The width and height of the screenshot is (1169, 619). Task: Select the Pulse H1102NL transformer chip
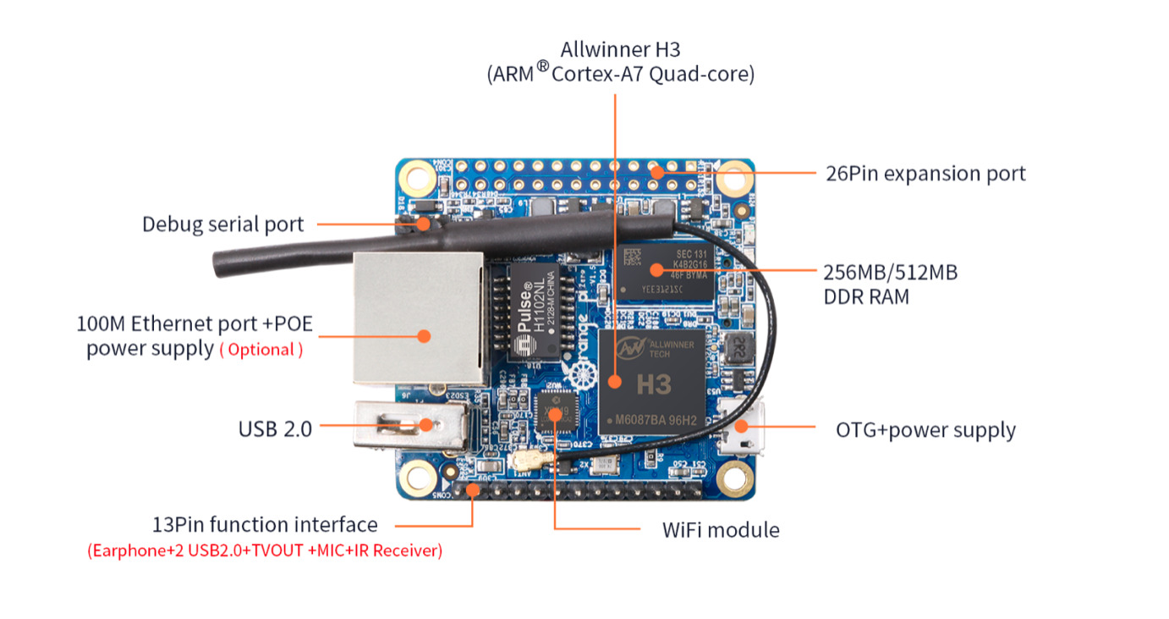coord(535,316)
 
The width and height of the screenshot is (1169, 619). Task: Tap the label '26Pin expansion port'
coord(925,174)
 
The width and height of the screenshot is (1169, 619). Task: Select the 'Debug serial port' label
coord(222,224)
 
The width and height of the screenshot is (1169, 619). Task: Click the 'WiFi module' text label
coord(721,530)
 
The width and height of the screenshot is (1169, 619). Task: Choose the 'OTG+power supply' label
coord(925,429)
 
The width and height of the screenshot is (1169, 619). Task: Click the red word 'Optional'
coord(261,350)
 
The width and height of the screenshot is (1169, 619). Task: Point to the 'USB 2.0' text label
coord(275,429)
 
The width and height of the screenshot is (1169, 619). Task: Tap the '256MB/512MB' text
coord(890,273)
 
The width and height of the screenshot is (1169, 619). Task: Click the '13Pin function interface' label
coord(265,524)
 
